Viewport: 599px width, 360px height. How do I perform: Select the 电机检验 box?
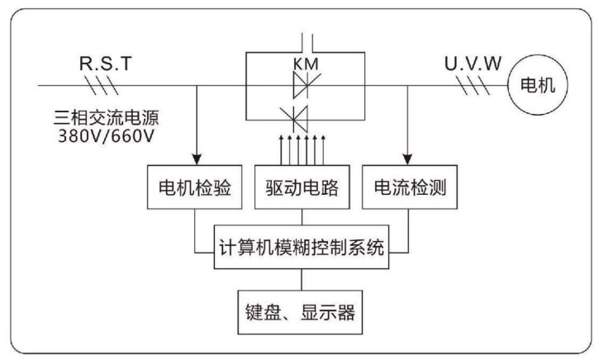pos(195,187)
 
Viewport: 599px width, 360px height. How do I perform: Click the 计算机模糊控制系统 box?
pos(302,246)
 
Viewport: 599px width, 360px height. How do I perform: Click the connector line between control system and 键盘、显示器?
pos(302,277)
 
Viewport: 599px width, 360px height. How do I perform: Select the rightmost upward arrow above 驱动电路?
pos(324,149)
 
